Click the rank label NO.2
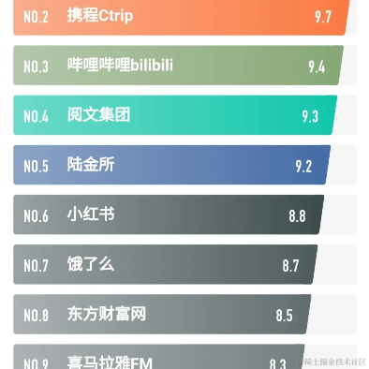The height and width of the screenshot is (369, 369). (x=36, y=17)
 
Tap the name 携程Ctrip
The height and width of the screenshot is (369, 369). (x=99, y=16)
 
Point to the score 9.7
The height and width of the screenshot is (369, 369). (x=323, y=17)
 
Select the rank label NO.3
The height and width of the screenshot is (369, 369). (x=36, y=66)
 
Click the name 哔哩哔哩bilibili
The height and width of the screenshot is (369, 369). (x=120, y=66)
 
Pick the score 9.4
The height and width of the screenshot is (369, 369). (x=317, y=66)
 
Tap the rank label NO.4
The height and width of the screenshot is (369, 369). (x=36, y=116)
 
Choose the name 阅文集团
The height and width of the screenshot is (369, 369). (x=98, y=115)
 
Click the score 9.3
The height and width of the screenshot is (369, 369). (x=310, y=116)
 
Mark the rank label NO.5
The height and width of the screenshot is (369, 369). (x=36, y=166)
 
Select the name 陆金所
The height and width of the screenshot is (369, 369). (x=91, y=165)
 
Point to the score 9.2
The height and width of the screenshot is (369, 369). (x=303, y=166)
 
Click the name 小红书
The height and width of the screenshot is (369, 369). (x=91, y=214)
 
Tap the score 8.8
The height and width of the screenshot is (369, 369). (x=297, y=215)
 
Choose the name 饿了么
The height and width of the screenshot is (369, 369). (x=91, y=264)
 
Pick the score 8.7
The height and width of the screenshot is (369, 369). (x=290, y=265)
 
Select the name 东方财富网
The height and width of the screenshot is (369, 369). (x=106, y=314)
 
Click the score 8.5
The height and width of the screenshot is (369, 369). (x=284, y=315)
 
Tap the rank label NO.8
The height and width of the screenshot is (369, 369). (x=36, y=315)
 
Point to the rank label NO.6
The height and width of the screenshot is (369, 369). (x=36, y=215)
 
